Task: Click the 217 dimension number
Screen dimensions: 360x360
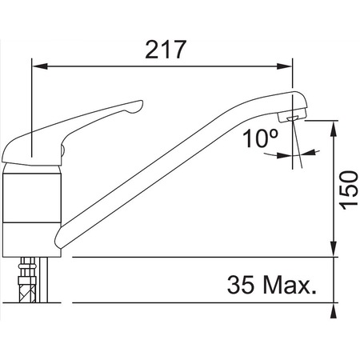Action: pos(166,50)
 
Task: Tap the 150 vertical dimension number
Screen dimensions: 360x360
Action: pos(344,189)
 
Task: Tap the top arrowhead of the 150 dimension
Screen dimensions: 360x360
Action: pos(332,125)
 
